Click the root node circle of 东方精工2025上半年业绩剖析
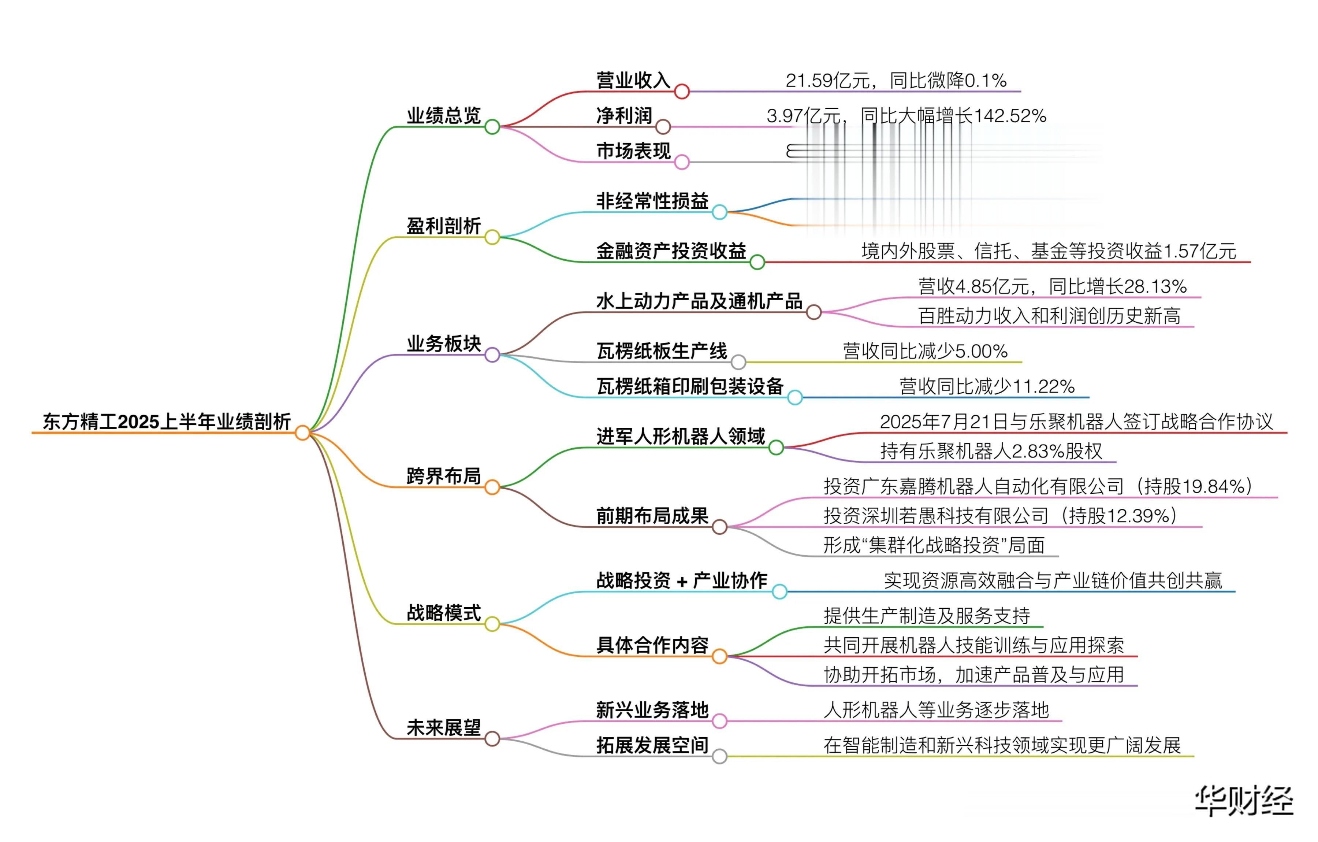click(302, 433)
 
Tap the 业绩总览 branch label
click(443, 115)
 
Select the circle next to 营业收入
click(681, 92)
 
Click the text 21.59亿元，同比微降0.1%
click(896, 81)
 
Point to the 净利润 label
click(624, 115)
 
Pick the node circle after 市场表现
click(681, 162)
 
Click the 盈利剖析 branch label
click(443, 226)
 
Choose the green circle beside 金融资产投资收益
click(757, 262)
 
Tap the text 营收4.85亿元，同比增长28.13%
click(1052, 286)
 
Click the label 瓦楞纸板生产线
click(662, 351)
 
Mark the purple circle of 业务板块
click(492, 355)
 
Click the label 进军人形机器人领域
click(680, 436)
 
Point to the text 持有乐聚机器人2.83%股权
click(991, 451)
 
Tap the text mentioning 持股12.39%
click(1000, 516)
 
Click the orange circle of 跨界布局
click(492, 487)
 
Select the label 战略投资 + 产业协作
click(681, 580)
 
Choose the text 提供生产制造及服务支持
click(927, 616)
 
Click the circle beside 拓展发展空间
click(719, 757)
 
